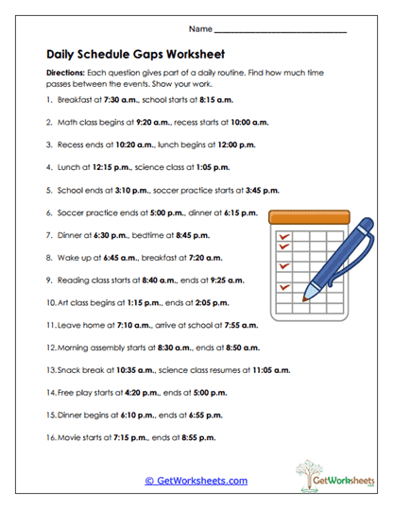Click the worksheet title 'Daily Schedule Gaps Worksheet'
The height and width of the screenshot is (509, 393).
tap(135, 54)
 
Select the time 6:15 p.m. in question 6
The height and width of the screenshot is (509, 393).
tap(238, 212)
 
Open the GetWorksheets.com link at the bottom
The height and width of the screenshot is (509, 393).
tap(196, 480)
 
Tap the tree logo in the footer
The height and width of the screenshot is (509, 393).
tap(314, 474)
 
